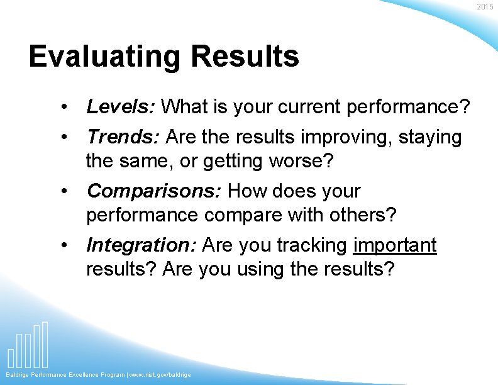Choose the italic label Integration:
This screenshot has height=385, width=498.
143,245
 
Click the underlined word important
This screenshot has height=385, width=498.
395,245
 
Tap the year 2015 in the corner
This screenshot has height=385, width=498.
485,7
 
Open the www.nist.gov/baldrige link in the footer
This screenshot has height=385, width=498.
160,375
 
